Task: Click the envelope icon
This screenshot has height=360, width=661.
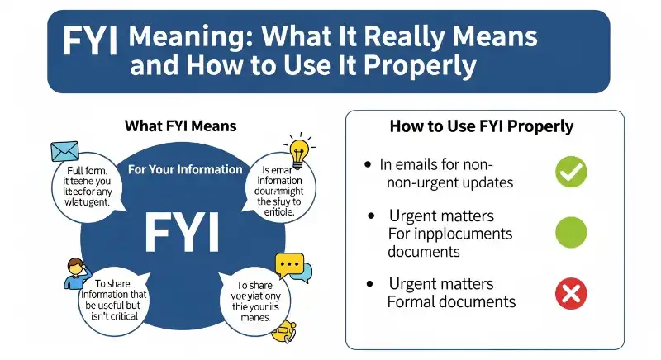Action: (64, 150)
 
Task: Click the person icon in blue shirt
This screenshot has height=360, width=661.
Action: (75, 272)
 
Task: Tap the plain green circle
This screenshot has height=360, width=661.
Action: (570, 232)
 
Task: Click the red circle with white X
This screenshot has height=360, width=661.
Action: (570, 293)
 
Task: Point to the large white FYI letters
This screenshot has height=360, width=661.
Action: (183, 232)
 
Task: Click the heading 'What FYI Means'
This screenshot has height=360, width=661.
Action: (180, 126)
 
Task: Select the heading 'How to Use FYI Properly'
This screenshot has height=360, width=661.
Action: (482, 127)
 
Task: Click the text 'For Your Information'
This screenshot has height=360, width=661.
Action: (185, 169)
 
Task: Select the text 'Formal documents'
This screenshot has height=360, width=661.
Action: (451, 301)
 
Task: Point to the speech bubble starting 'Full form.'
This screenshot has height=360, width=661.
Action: (83, 185)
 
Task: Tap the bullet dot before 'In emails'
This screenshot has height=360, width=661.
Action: (368, 164)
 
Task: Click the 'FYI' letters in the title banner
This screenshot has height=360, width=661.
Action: (90, 40)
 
